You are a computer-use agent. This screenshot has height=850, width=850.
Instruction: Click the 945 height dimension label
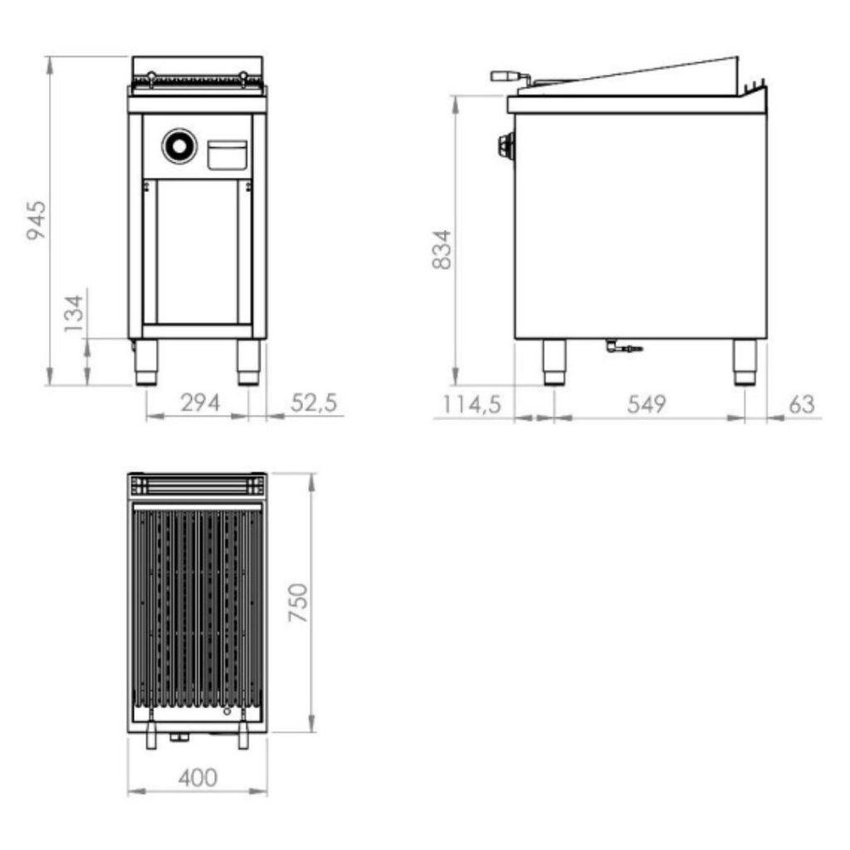click(37, 220)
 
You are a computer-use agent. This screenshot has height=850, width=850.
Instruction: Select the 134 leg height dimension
click(74, 313)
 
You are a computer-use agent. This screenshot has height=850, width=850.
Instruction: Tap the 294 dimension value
click(201, 403)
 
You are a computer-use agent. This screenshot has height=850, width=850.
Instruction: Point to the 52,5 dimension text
click(314, 403)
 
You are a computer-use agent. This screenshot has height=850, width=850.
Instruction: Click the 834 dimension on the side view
click(442, 249)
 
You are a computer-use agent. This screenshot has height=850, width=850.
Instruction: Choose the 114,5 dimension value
click(471, 404)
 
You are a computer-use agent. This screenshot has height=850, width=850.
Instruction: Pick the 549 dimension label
click(646, 404)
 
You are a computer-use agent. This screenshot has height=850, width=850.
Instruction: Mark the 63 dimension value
click(802, 404)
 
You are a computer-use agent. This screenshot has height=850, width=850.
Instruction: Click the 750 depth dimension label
click(298, 603)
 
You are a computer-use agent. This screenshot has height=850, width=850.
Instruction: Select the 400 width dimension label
click(198, 778)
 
